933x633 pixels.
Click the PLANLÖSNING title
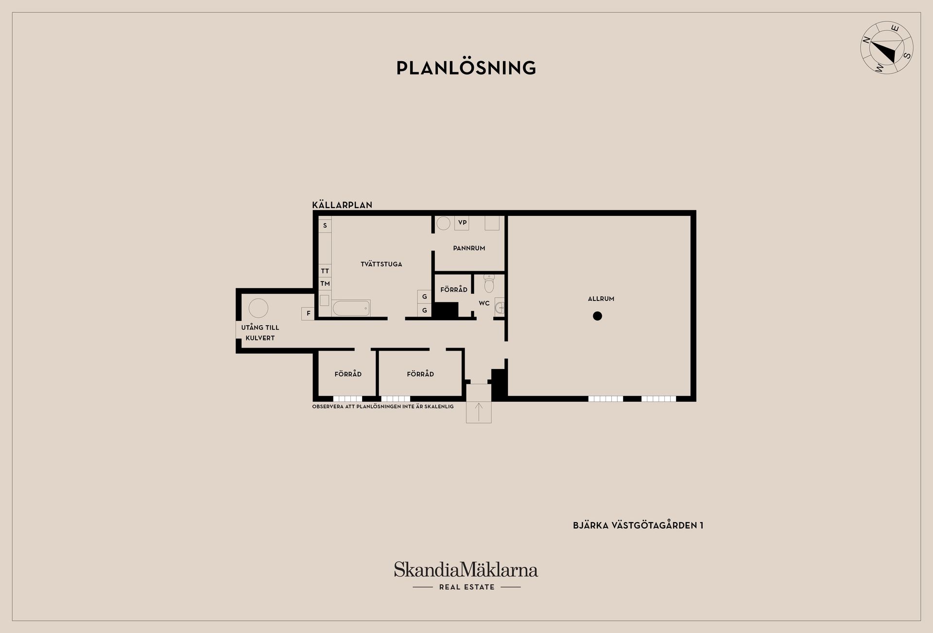pyautogui.click(x=466, y=68)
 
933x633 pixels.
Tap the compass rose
pyautogui.click(x=887, y=48)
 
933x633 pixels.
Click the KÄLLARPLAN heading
pyautogui.click(x=342, y=205)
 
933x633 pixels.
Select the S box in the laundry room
pyautogui.click(x=325, y=226)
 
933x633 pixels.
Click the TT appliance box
pyautogui.click(x=325, y=271)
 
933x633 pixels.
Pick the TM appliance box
pyautogui.click(x=325, y=283)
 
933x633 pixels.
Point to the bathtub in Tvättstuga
pyautogui.click(x=351, y=308)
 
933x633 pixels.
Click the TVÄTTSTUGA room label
pyautogui.click(x=381, y=264)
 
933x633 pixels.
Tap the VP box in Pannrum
pyautogui.click(x=462, y=223)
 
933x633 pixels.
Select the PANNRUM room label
pyautogui.click(x=469, y=248)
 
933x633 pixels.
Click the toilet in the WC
pyautogui.click(x=489, y=283)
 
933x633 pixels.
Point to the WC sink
pyautogui.click(x=500, y=307)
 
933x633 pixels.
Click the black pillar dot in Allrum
pyautogui.click(x=598, y=316)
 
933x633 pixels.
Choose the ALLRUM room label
pyautogui.click(x=601, y=299)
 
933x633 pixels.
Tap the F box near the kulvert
pyautogui.click(x=308, y=314)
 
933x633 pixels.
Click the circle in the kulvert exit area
pyautogui.click(x=259, y=308)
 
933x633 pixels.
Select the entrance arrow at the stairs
pyautogui.click(x=479, y=412)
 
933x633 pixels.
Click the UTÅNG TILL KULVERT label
pyautogui.click(x=260, y=333)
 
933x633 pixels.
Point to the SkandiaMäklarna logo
pyautogui.click(x=466, y=576)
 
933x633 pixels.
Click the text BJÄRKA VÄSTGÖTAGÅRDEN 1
pyautogui.click(x=638, y=525)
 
